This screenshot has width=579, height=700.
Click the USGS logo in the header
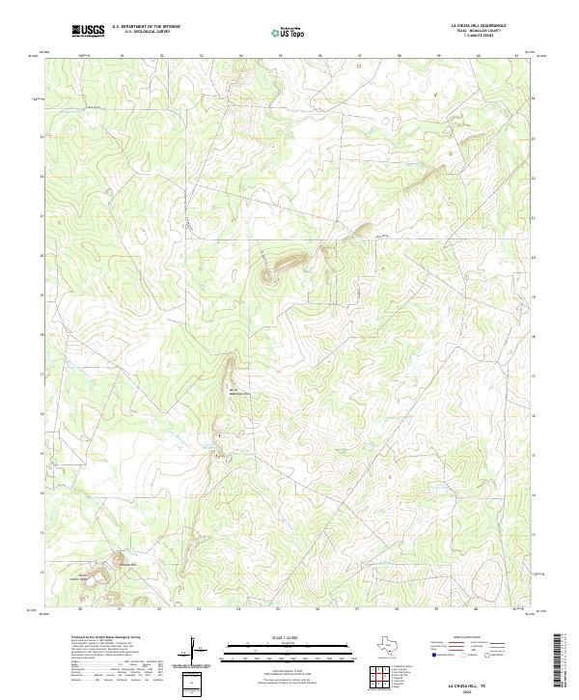pos(88,31)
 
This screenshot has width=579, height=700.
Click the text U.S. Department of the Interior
pos(146,26)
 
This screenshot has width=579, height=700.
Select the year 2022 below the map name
pos(470,688)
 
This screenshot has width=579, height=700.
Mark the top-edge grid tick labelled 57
pos(359,56)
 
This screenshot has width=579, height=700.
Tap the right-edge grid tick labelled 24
pos(534,98)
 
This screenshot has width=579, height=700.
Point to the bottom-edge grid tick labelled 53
pos(199,609)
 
